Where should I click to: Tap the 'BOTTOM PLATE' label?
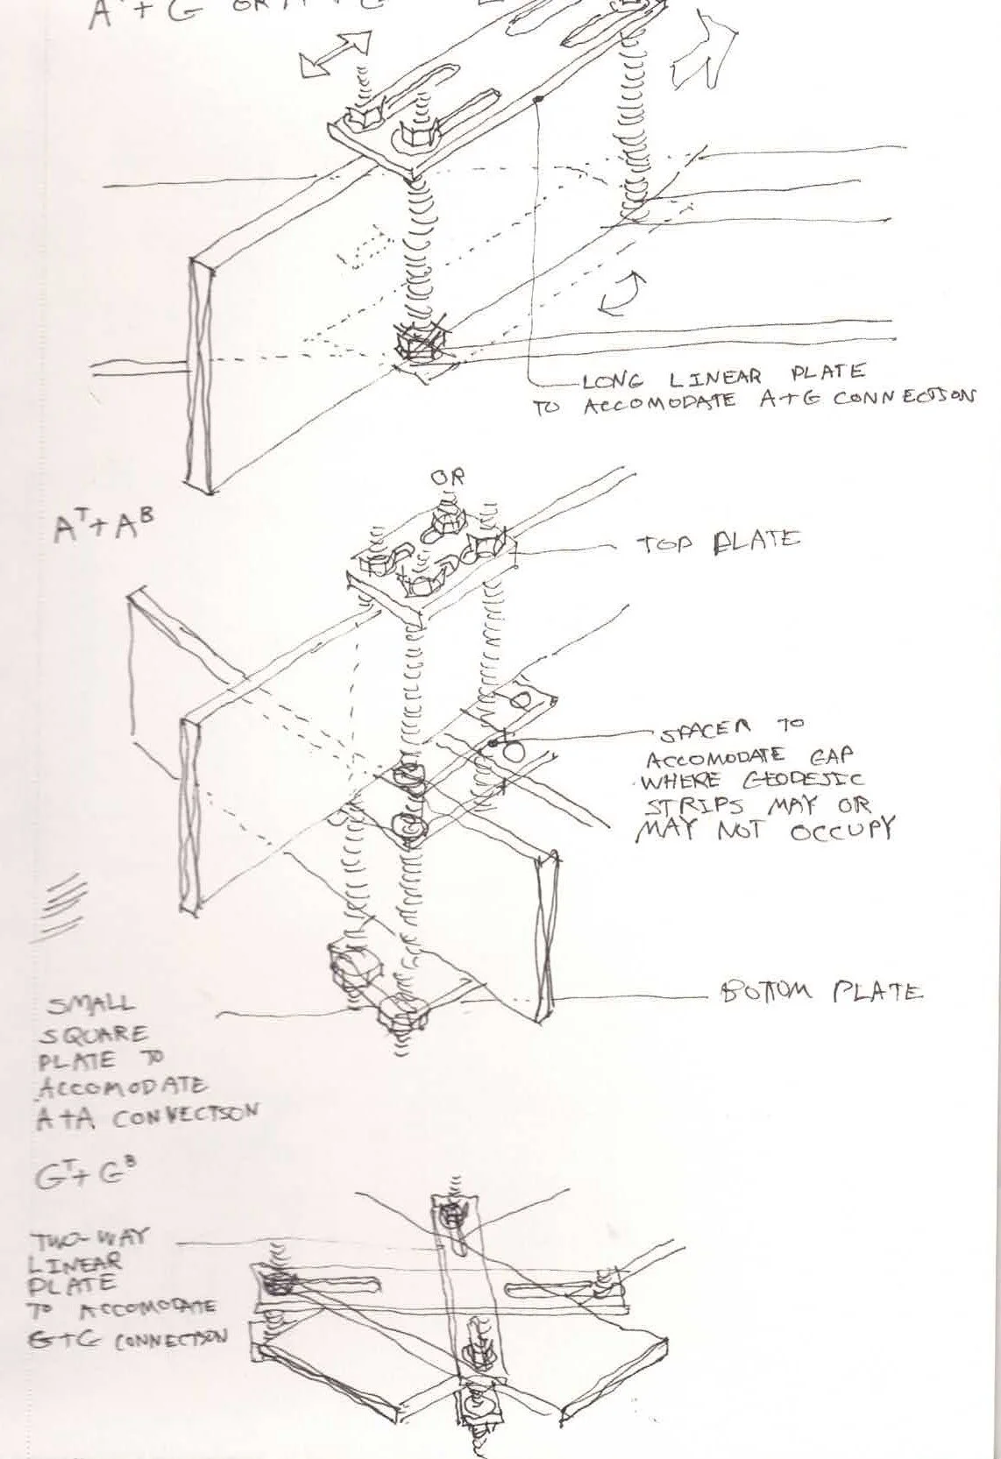(x=820, y=992)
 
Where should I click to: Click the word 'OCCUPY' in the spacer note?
(x=841, y=829)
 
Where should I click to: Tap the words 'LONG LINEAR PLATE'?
(x=723, y=378)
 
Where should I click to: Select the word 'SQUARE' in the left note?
(x=92, y=1034)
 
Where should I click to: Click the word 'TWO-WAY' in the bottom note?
(x=90, y=1240)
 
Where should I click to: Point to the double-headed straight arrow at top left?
(x=336, y=54)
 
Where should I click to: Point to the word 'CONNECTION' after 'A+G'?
(x=901, y=398)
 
